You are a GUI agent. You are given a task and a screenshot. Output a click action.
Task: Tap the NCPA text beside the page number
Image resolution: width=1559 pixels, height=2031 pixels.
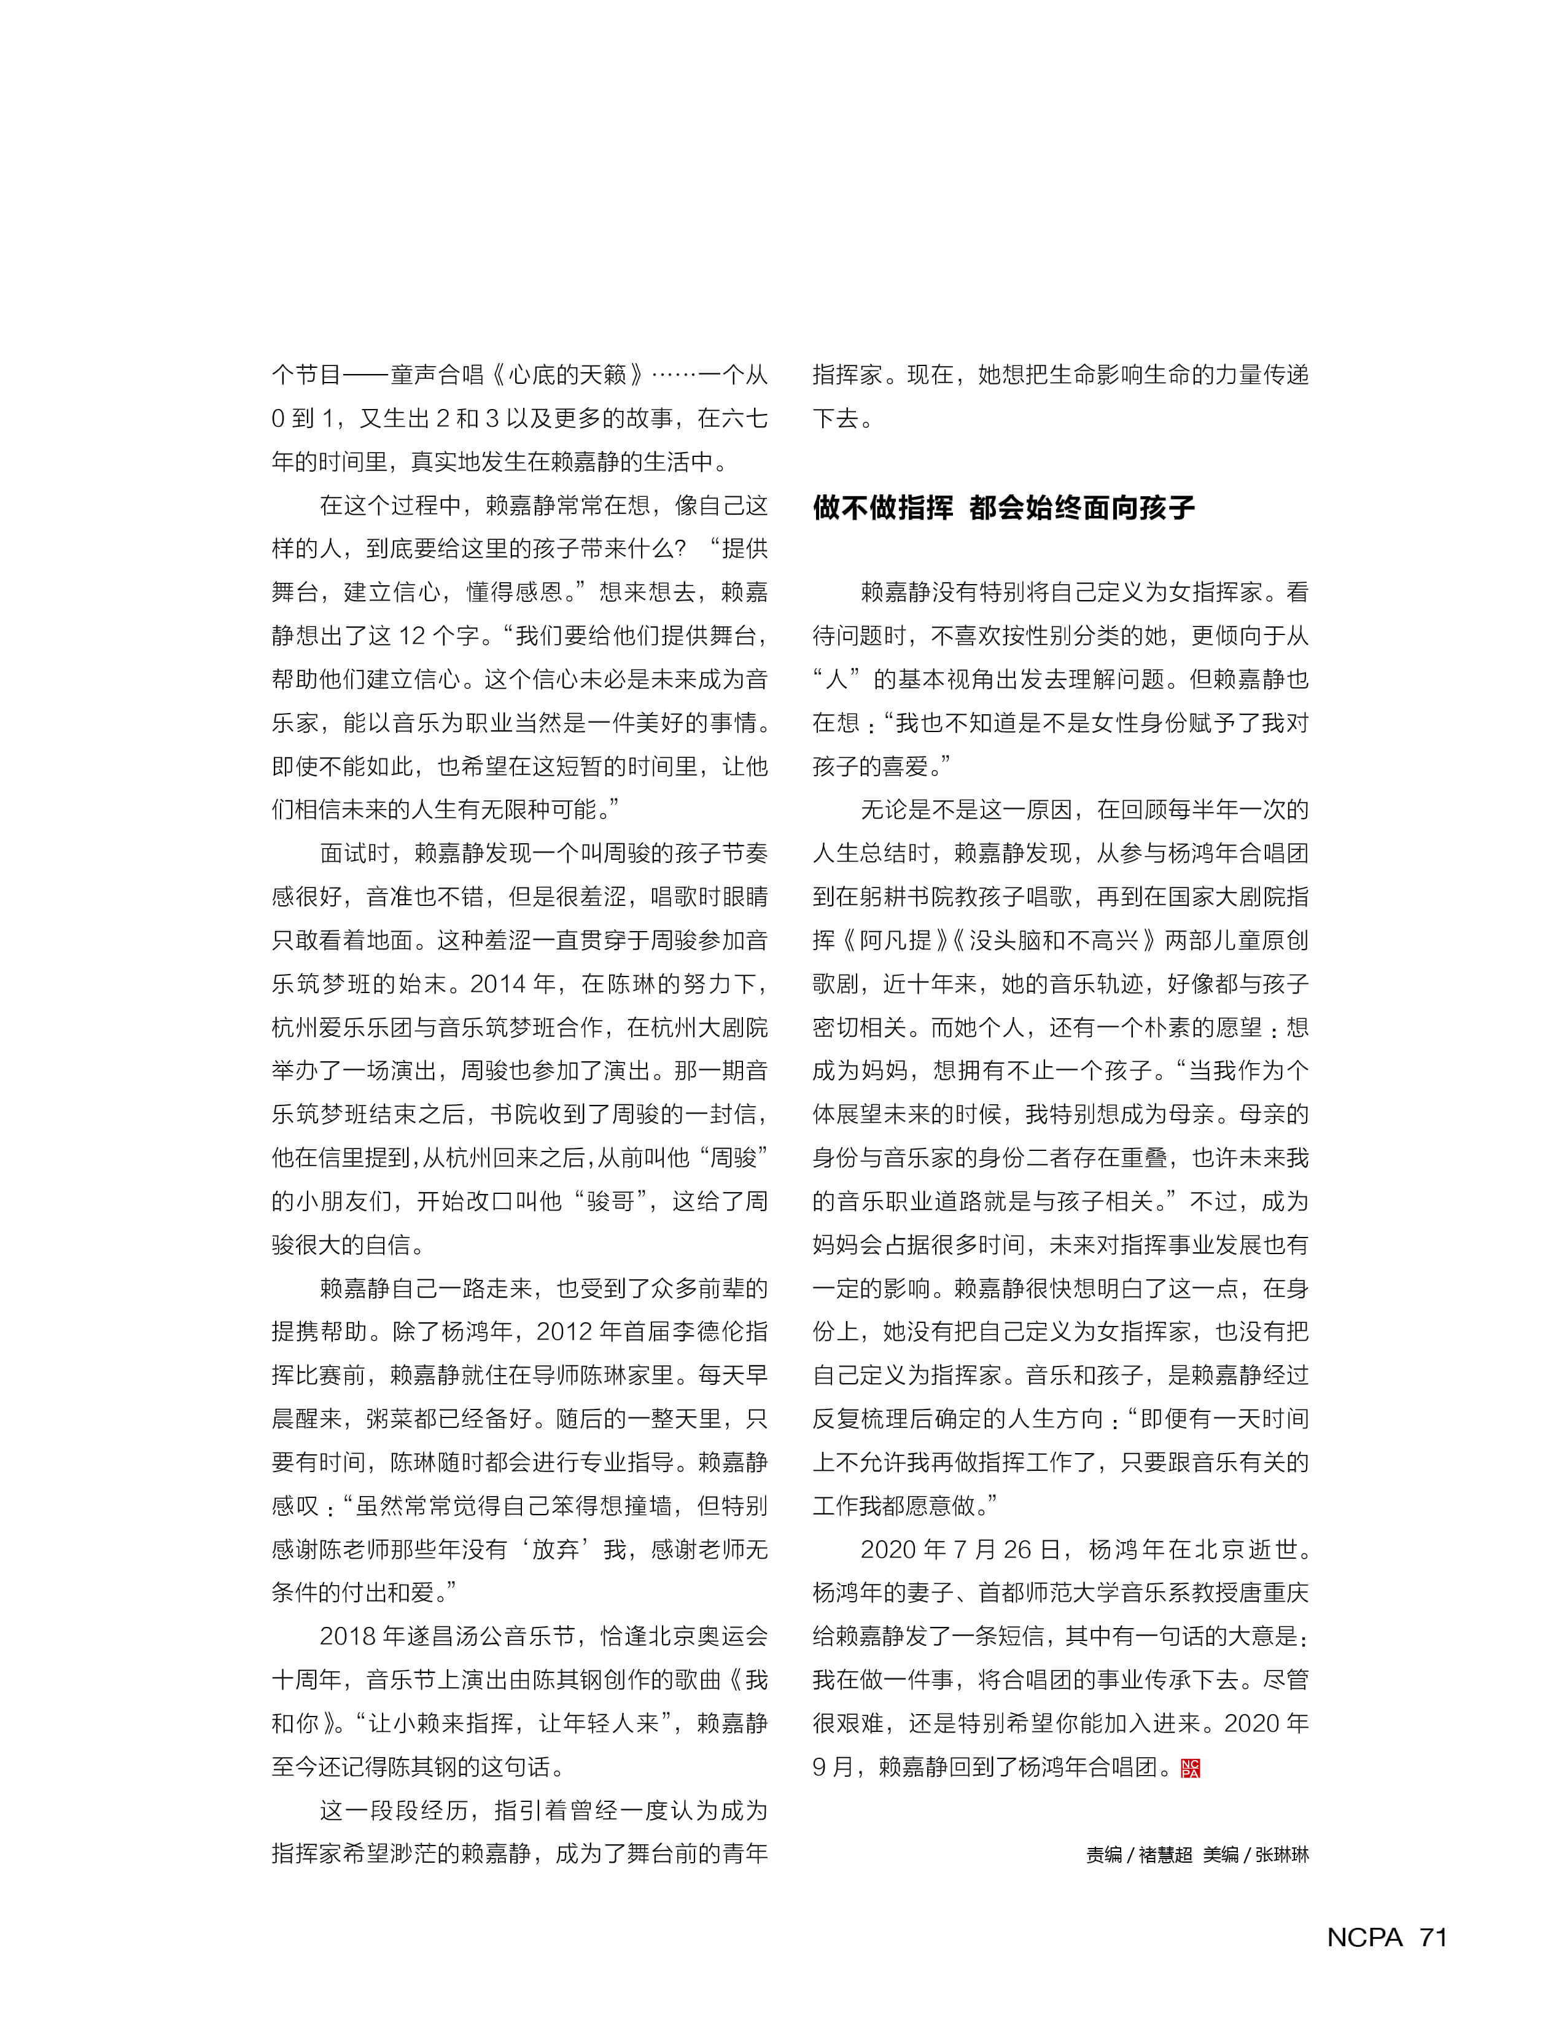1364,1937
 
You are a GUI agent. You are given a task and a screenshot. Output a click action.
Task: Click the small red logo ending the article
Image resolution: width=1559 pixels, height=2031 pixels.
1191,1768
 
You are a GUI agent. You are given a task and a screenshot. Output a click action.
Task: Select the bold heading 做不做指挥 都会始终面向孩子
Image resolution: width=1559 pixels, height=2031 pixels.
1003,508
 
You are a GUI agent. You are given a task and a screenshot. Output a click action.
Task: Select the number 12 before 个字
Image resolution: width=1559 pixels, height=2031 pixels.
411,636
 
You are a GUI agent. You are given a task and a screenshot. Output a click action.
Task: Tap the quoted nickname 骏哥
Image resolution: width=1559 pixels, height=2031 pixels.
610,1201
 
